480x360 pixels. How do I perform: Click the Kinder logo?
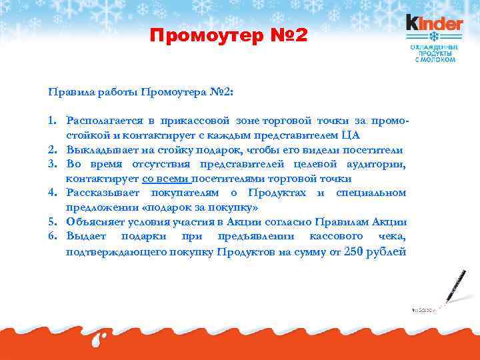(434, 23)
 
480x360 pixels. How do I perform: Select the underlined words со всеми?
(165, 179)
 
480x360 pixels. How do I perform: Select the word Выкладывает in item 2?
(99, 150)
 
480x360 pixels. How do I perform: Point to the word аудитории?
(375, 165)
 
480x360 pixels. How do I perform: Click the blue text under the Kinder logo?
(434, 51)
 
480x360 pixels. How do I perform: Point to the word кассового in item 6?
(336, 237)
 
